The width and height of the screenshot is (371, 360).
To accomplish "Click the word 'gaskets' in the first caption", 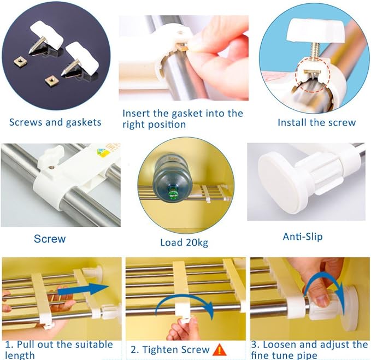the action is [x=84, y=122].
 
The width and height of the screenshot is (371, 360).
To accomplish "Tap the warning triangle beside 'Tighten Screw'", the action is [x=219, y=350].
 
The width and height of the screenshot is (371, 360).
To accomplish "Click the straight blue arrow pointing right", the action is [x=83, y=290].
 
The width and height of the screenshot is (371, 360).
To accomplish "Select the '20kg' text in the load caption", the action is [x=197, y=243].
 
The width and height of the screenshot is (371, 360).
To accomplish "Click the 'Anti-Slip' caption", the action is [x=303, y=237].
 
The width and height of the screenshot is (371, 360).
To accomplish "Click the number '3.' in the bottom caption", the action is [x=256, y=345].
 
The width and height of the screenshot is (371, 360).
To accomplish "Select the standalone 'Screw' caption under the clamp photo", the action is [x=50, y=239].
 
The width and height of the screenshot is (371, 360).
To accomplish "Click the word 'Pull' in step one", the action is [x=26, y=345].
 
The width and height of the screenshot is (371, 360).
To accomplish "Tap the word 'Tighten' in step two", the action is [x=157, y=350].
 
